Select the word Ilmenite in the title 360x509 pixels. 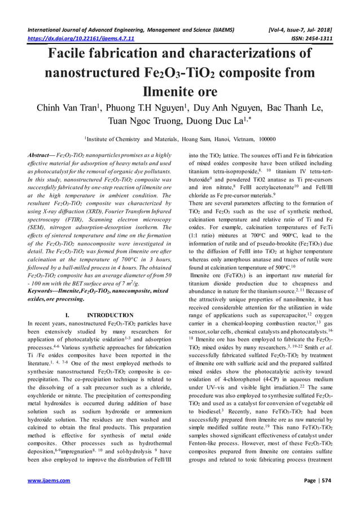pyautogui.click(x=179, y=91)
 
